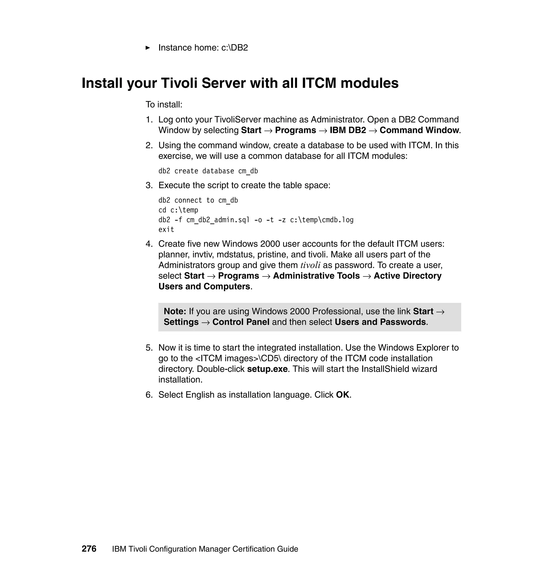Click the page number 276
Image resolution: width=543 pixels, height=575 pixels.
(89, 549)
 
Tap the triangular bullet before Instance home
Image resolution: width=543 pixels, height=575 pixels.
(148, 48)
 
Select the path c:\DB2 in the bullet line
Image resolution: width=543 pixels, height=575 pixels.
(234, 48)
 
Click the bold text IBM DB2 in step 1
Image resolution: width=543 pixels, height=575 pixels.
(348, 130)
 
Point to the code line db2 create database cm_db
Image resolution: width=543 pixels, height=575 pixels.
(208, 171)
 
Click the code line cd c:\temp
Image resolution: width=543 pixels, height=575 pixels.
(178, 210)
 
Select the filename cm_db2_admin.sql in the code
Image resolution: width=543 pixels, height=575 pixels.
(218, 220)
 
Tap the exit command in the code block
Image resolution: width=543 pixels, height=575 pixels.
(166, 230)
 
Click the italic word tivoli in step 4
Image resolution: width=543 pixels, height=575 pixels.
(310, 265)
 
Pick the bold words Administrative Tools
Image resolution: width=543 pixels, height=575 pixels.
(316, 276)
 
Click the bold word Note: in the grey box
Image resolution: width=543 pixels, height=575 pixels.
(175, 311)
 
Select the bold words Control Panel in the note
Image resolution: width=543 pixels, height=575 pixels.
(241, 322)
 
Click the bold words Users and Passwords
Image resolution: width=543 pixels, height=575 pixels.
(380, 322)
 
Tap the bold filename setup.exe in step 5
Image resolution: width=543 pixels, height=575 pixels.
(267, 369)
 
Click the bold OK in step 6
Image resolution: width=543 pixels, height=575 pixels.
(342, 395)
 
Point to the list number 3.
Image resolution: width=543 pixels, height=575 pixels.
(149, 185)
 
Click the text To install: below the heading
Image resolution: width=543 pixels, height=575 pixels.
(164, 104)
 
